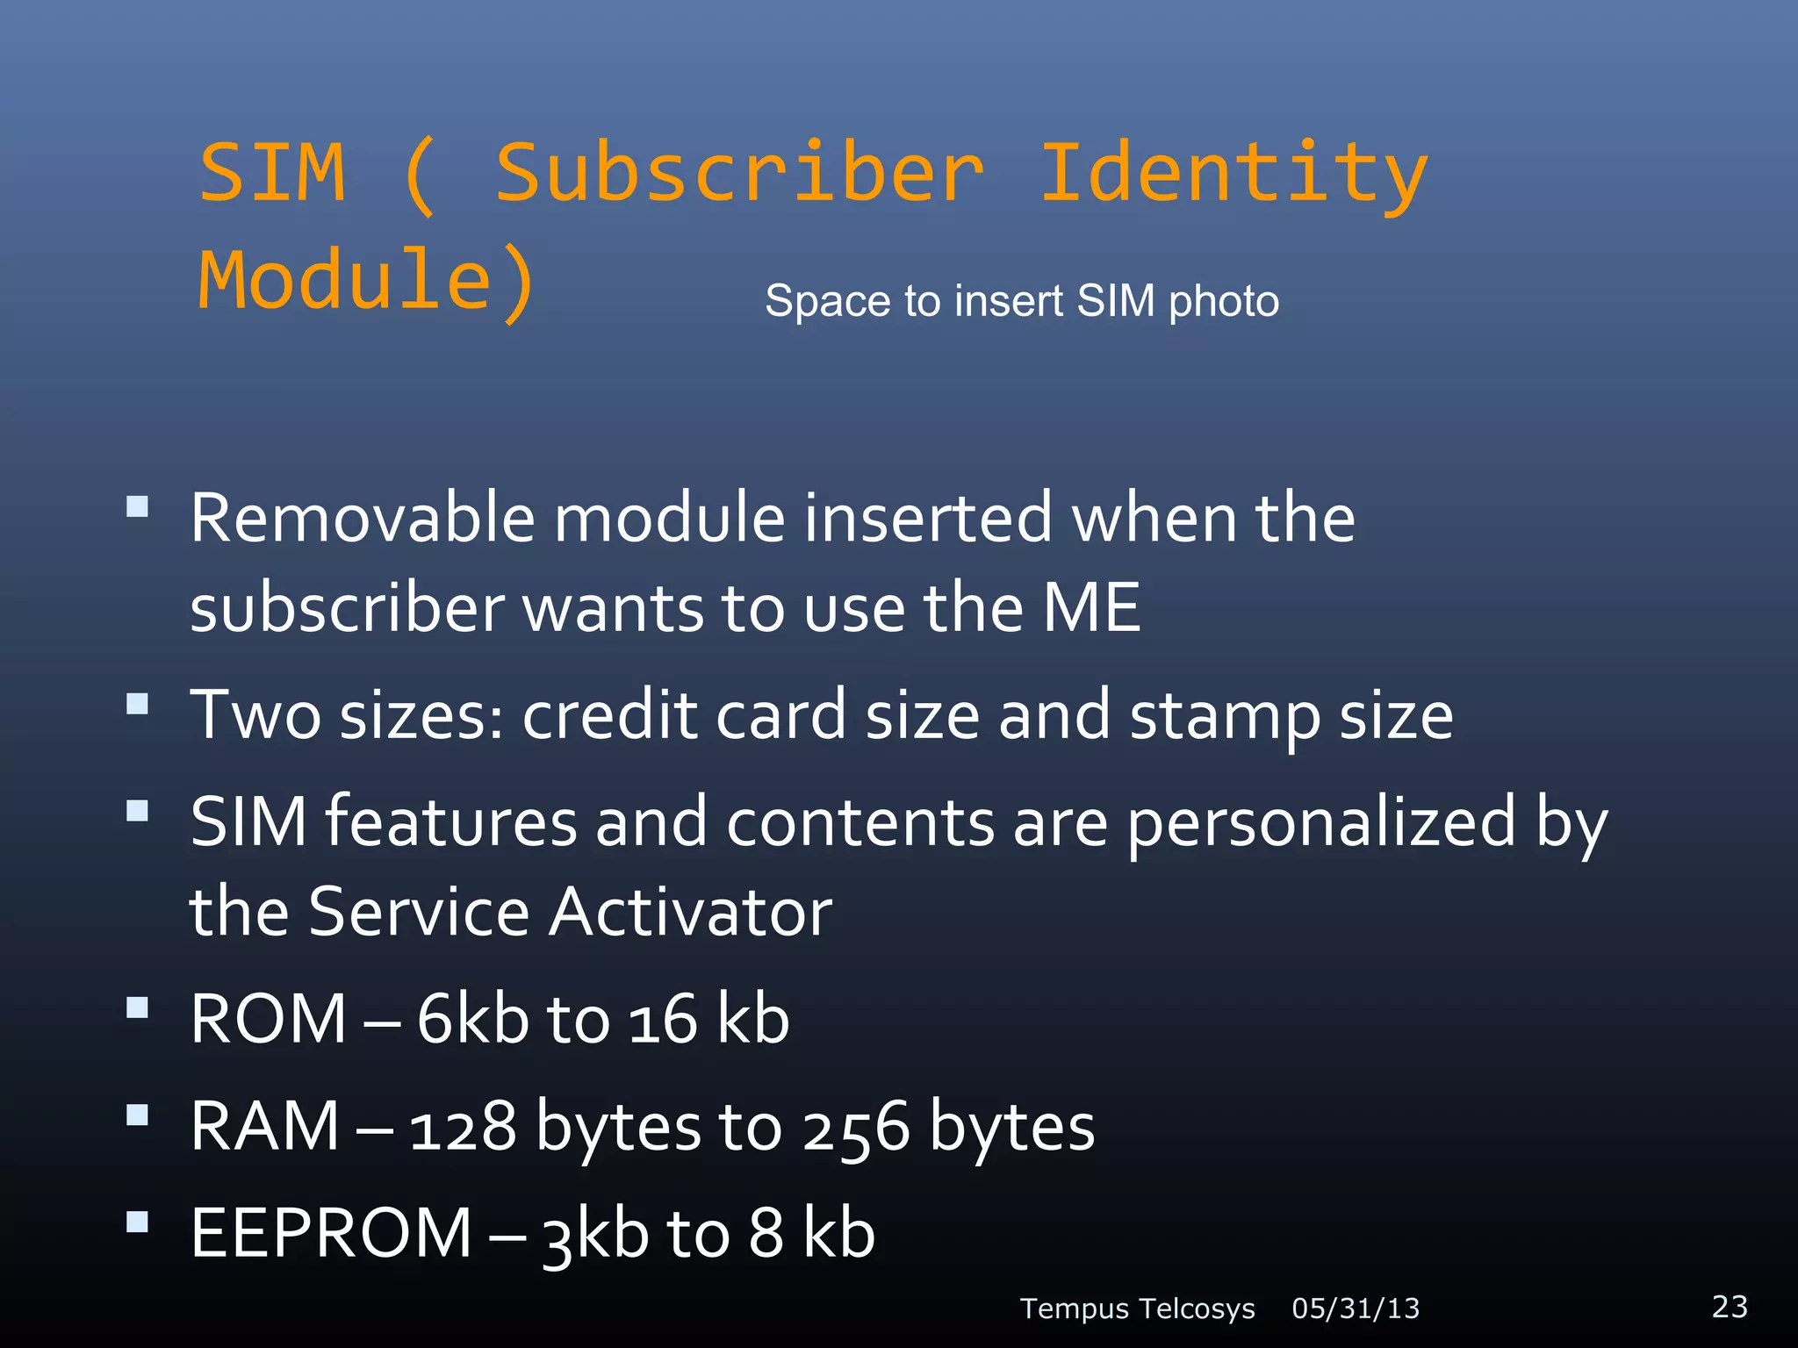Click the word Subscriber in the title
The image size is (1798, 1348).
(x=739, y=173)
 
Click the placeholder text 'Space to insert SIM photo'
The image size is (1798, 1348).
(x=1022, y=301)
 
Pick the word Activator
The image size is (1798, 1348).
(x=691, y=912)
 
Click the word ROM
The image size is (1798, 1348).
(x=269, y=1019)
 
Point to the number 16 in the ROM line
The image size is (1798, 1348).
(x=663, y=1021)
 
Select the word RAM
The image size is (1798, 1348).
(x=265, y=1126)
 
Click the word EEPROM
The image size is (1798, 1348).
(x=332, y=1233)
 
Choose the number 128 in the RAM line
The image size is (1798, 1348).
(x=463, y=1128)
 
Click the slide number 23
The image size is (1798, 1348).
(x=1730, y=1307)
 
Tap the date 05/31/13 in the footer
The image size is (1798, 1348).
(x=1356, y=1309)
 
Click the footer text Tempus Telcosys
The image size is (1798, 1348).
(x=1137, y=1309)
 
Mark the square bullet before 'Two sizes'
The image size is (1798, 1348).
(x=137, y=704)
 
